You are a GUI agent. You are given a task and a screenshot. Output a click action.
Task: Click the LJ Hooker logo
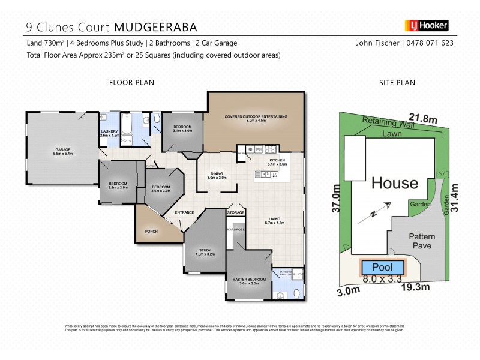click(x=427, y=26)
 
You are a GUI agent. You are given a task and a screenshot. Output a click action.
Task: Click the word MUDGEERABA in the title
click(x=155, y=27)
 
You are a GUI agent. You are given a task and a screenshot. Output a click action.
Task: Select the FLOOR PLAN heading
click(x=131, y=83)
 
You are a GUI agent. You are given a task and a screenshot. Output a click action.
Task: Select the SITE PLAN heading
click(x=397, y=83)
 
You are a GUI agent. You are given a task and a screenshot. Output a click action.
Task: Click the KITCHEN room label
click(x=276, y=160)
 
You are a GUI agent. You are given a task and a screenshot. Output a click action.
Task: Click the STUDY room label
click(x=205, y=252)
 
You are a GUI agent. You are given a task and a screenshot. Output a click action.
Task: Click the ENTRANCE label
click(x=184, y=212)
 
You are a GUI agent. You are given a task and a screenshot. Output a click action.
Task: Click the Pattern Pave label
click(x=422, y=242)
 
